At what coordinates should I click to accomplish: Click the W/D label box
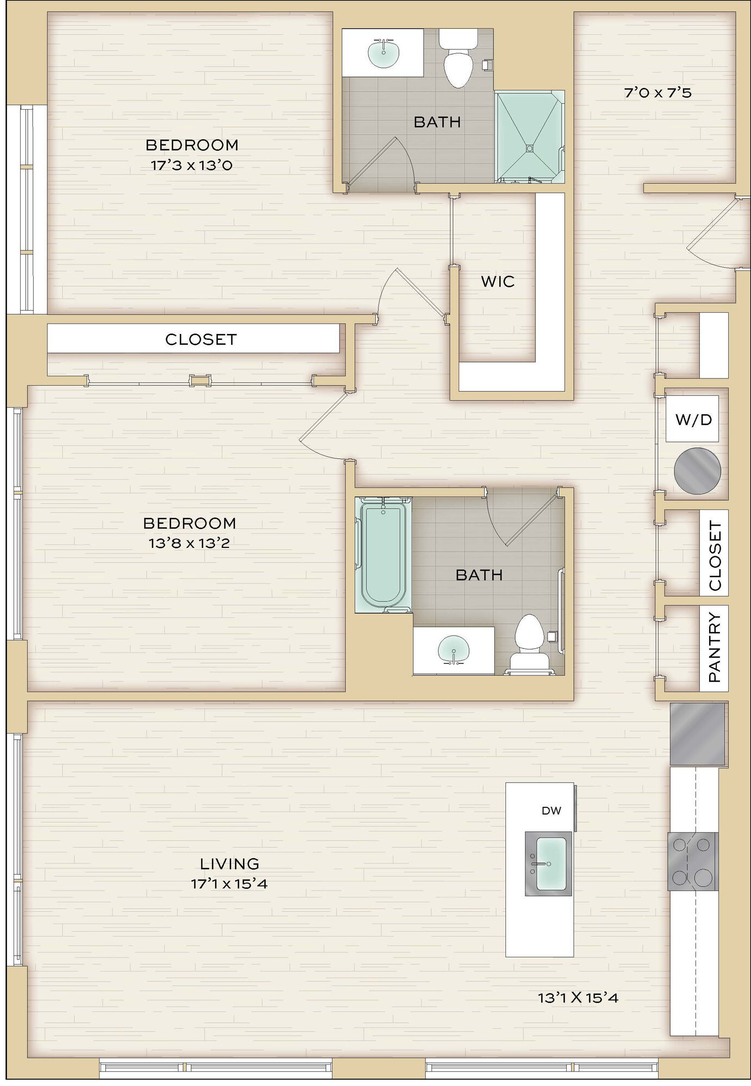pyautogui.click(x=692, y=419)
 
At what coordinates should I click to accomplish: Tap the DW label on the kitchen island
pyautogui.click(x=551, y=811)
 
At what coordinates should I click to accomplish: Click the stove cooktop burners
pyautogui.click(x=693, y=861)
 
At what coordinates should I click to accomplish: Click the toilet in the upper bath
pyautogui.click(x=457, y=59)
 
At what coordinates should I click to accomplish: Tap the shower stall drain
pyautogui.click(x=529, y=147)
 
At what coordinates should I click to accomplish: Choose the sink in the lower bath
pyautogui.click(x=453, y=650)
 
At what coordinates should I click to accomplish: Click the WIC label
pyautogui.click(x=497, y=281)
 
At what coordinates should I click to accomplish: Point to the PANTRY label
pyautogui.click(x=715, y=647)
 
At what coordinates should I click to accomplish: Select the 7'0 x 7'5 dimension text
pyautogui.click(x=658, y=93)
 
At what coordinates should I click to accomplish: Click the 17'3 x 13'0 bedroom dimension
pyautogui.click(x=191, y=165)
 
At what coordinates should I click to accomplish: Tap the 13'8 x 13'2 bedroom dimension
pyautogui.click(x=189, y=543)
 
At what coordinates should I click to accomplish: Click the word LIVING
pyautogui.click(x=229, y=863)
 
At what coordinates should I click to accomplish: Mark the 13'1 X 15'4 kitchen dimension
pyautogui.click(x=578, y=997)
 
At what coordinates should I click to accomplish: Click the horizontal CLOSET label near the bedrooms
pyautogui.click(x=201, y=339)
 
